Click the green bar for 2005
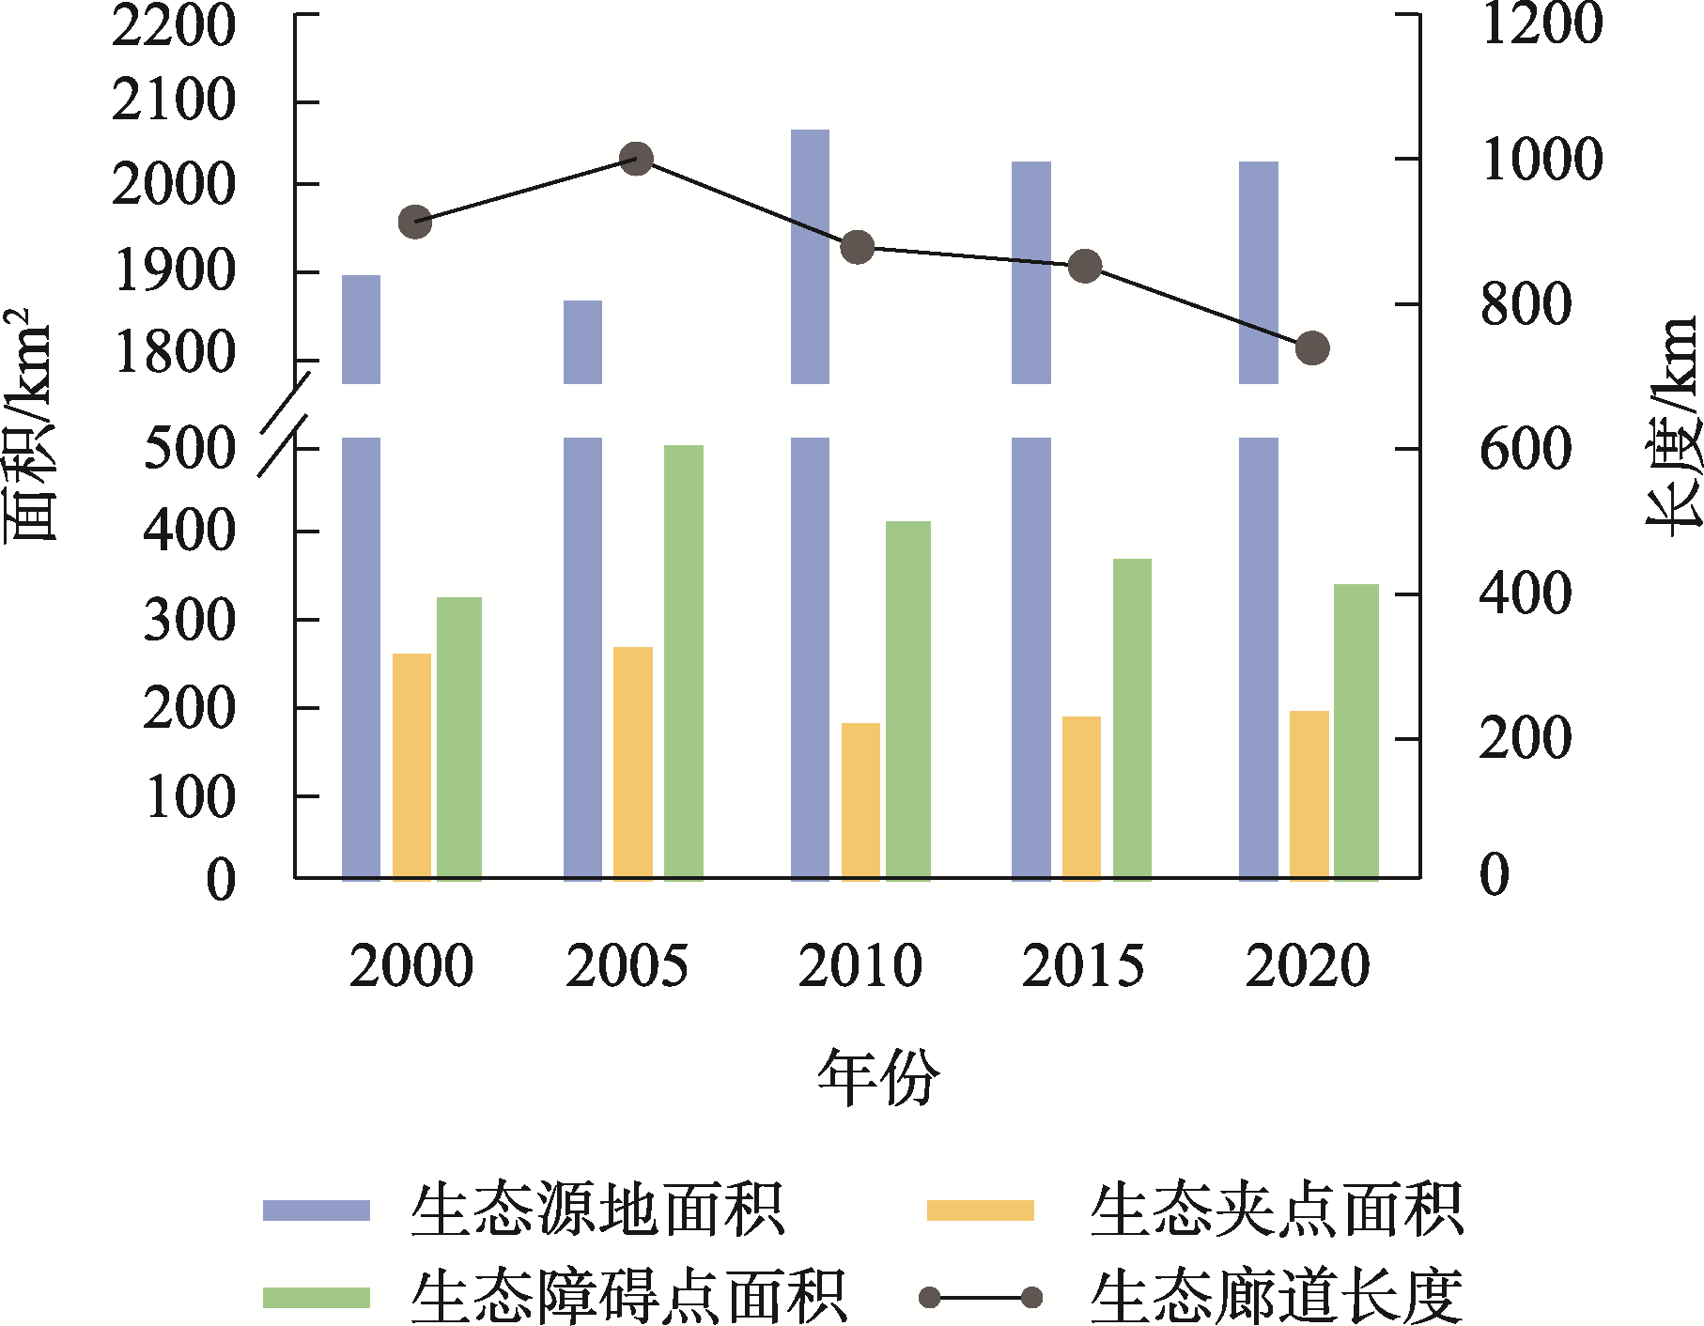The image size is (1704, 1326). tap(683, 662)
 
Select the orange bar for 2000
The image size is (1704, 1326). tap(411, 766)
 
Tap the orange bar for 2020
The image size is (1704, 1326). tap(1309, 794)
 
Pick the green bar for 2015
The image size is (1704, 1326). tap(1132, 718)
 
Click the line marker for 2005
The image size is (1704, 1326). tap(637, 159)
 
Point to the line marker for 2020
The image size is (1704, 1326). tap(1312, 348)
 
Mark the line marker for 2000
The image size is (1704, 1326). tap(415, 223)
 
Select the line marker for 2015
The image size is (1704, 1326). tap(1085, 267)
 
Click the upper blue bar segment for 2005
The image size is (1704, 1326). tap(582, 342)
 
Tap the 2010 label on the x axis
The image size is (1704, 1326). tap(860, 966)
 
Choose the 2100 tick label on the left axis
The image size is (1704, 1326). tap(174, 100)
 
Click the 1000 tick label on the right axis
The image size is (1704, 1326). tap(1541, 160)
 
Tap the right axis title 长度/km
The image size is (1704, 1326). tap(1673, 427)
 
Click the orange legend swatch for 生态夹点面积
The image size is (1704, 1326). tap(980, 1210)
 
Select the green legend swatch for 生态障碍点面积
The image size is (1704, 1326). tap(316, 1298)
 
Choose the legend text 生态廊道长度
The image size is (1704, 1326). tap(1276, 1298)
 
